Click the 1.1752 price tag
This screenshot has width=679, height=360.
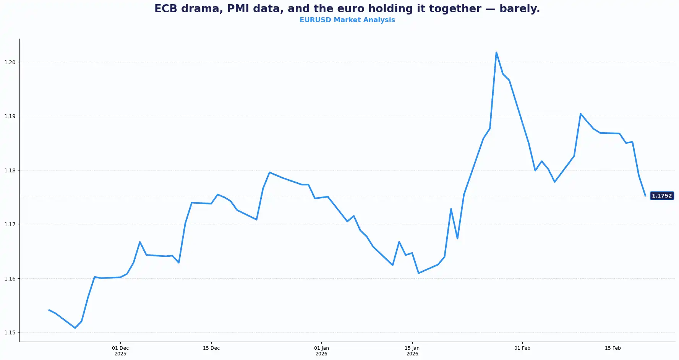pyautogui.click(x=661, y=196)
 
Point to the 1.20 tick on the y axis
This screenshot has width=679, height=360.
pyautogui.click(x=10, y=62)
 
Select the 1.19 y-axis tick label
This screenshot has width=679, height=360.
pyautogui.click(x=10, y=116)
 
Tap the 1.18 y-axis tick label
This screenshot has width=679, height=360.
pyautogui.click(x=10, y=170)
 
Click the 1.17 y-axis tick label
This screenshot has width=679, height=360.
pyautogui.click(x=10, y=224)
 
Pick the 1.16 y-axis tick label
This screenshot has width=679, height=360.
pyautogui.click(x=10, y=279)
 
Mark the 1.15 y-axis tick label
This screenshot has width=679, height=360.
pyautogui.click(x=10, y=332)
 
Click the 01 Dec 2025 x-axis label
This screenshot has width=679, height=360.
pyautogui.click(x=120, y=351)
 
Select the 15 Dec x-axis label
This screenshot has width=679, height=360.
pyautogui.click(x=211, y=348)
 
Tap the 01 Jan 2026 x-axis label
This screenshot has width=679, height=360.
pyautogui.click(x=321, y=351)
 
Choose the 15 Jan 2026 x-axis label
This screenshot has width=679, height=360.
pyautogui.click(x=412, y=351)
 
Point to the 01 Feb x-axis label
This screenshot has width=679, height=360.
pyautogui.click(x=522, y=348)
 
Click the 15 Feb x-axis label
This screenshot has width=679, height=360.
pyautogui.click(x=613, y=348)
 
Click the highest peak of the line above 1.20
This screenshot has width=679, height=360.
pyautogui.click(x=496, y=52)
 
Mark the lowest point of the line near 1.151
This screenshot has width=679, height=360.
pyautogui.click(x=75, y=328)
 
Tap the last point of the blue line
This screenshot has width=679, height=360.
pyautogui.click(x=645, y=196)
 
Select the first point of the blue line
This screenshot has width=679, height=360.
pyautogui.click(x=49, y=310)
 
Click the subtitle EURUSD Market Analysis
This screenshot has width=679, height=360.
pyautogui.click(x=347, y=20)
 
